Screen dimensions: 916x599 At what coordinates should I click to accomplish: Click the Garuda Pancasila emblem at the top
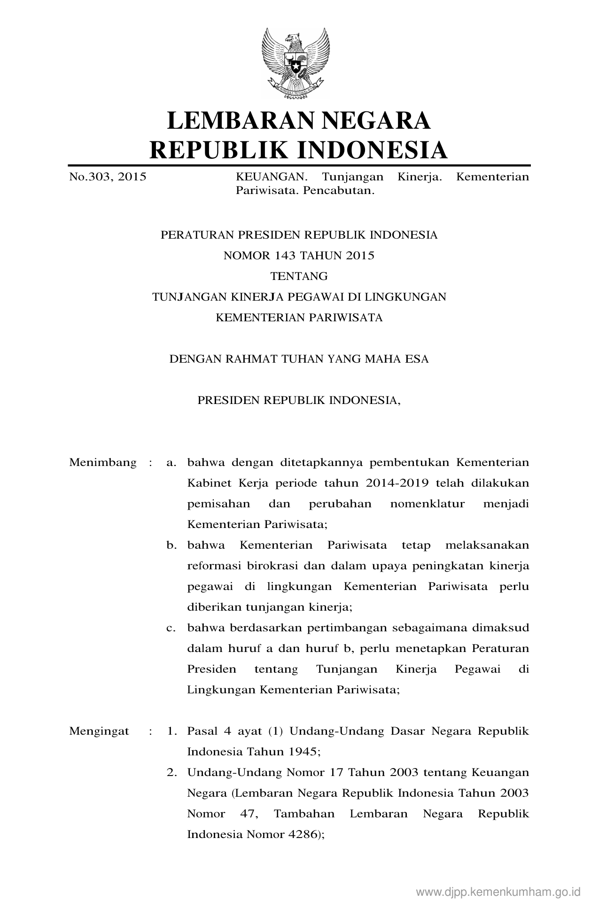[296, 62]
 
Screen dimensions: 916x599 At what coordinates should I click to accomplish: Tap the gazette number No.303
[90, 177]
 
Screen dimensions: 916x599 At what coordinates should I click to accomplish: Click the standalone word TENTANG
[299, 276]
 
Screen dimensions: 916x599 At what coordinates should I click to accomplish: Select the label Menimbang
[103, 462]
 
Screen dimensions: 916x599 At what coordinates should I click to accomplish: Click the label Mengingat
[99, 731]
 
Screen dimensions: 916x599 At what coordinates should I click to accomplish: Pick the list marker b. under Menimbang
[171, 545]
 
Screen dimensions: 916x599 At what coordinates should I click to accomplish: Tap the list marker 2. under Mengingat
[171, 772]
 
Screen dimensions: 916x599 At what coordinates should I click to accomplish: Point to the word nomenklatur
[428, 504]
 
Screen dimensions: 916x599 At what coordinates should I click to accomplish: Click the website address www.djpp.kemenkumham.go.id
[498, 892]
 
